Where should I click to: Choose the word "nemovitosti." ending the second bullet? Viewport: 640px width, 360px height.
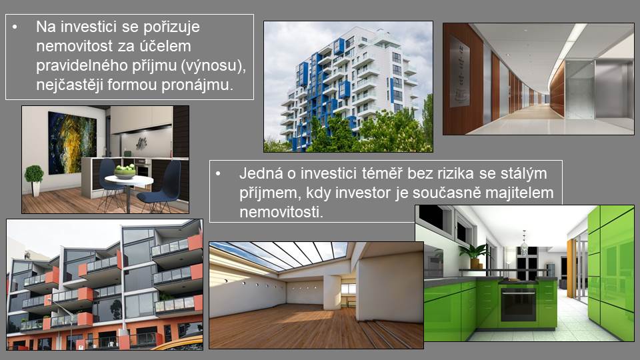[281, 212]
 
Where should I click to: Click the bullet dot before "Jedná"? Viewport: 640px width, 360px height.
[218, 174]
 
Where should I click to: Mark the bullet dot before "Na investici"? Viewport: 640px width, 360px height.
[15, 27]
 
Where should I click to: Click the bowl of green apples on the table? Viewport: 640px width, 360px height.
[125, 171]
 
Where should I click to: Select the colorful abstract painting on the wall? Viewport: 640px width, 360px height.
[72, 143]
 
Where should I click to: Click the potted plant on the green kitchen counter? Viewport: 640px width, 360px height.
[474, 255]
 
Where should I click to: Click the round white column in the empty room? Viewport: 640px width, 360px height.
[332, 292]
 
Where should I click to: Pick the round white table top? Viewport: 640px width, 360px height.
[129, 180]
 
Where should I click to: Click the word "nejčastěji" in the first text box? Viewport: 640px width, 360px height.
[69, 85]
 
